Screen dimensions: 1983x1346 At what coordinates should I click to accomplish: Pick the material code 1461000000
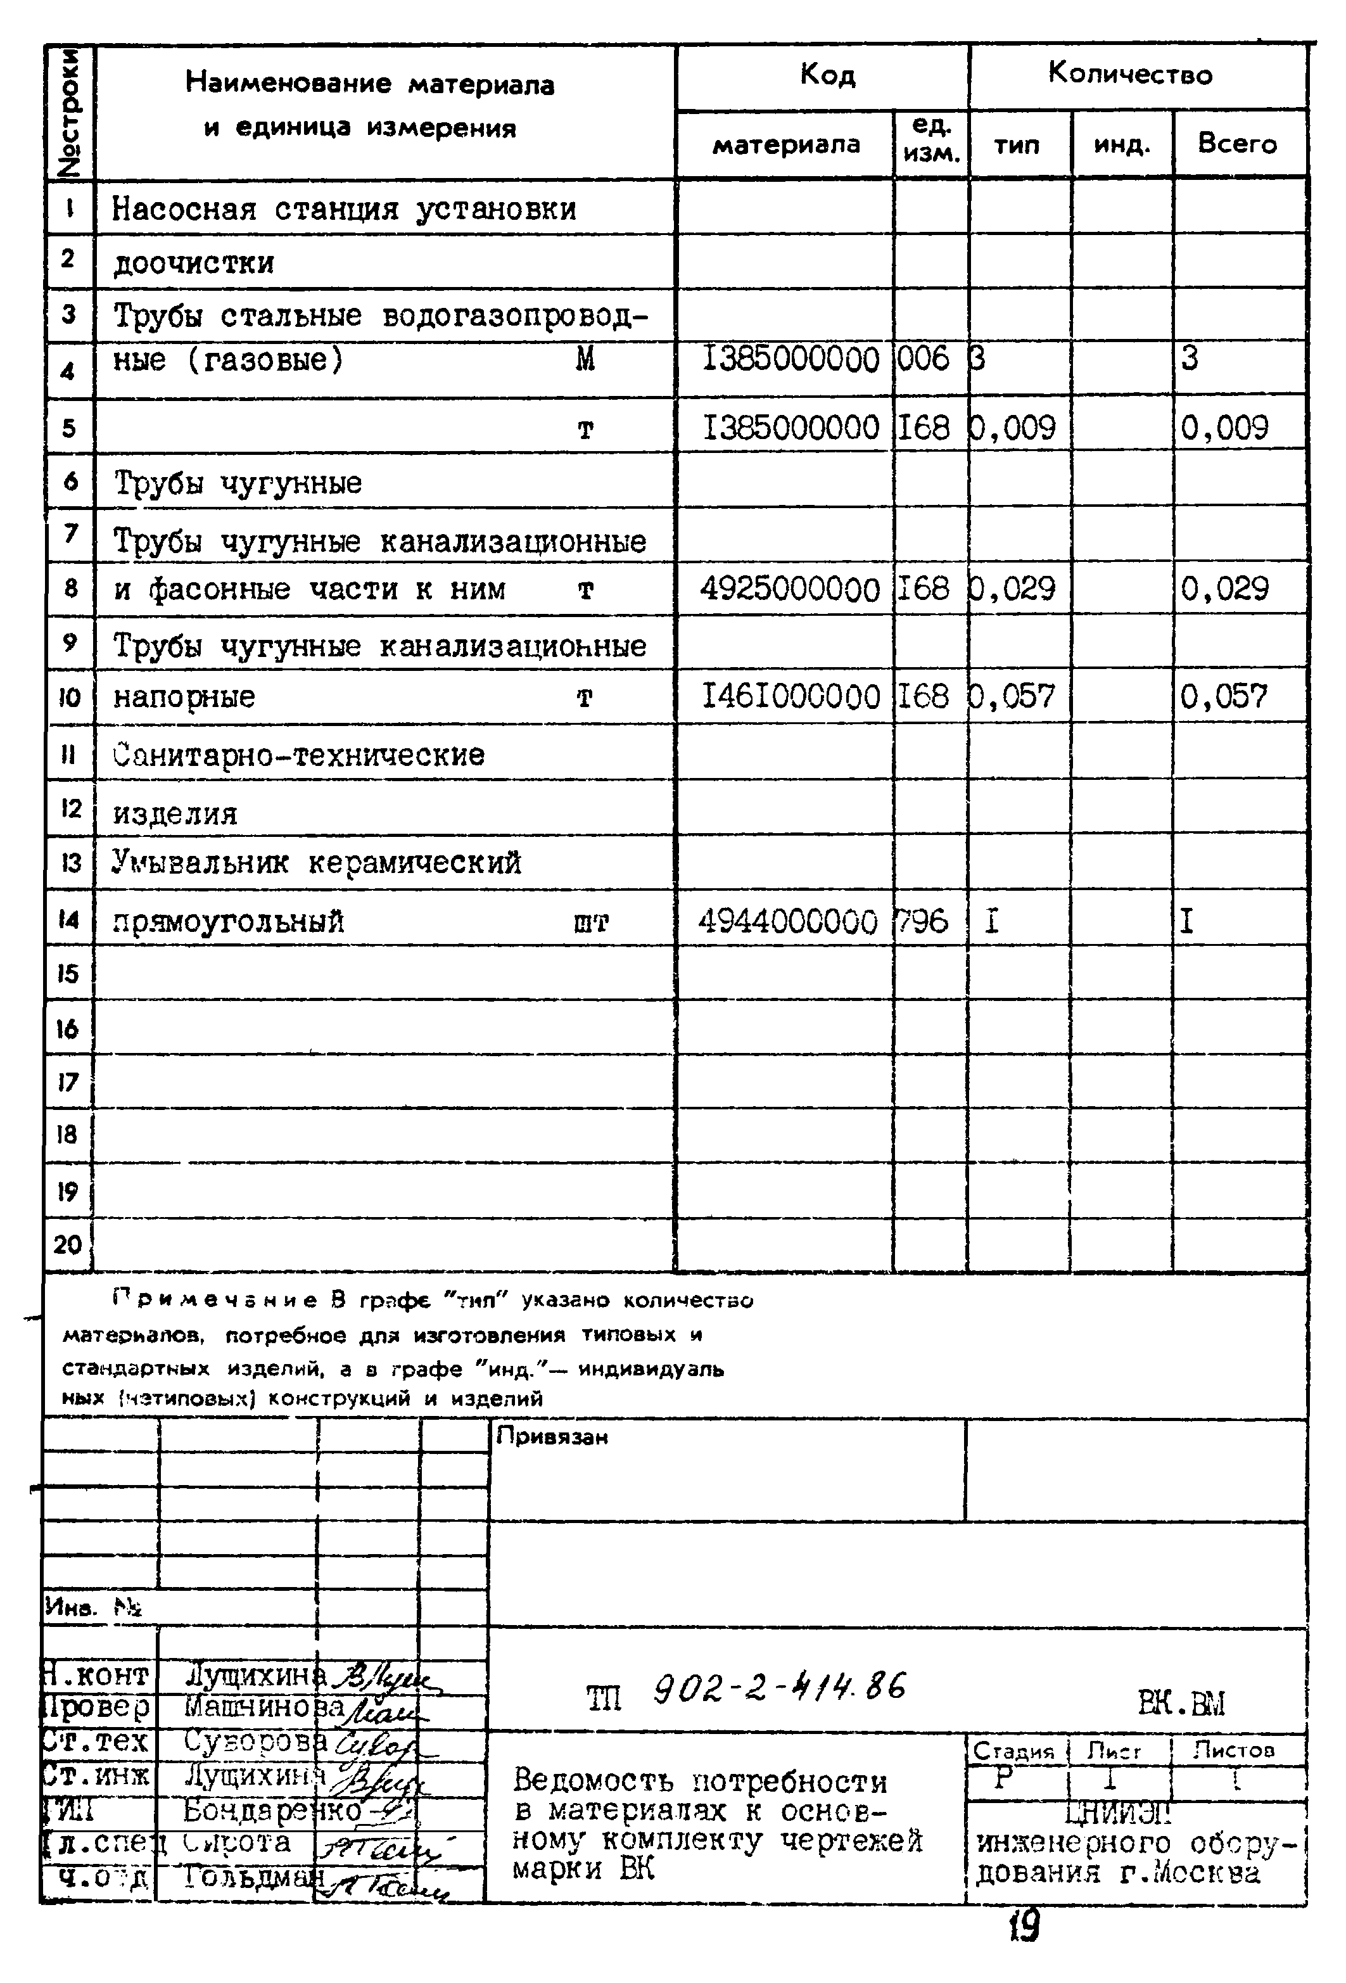(x=790, y=697)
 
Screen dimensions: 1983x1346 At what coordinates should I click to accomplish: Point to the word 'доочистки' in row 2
(x=194, y=263)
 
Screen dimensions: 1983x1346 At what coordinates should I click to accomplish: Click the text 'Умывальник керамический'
(x=317, y=864)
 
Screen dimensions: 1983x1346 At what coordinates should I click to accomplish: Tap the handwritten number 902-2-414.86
(x=778, y=1688)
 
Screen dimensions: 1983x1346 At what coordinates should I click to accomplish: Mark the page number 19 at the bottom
(x=1024, y=1927)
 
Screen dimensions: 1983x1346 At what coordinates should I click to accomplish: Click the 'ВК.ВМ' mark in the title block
(x=1181, y=1704)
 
